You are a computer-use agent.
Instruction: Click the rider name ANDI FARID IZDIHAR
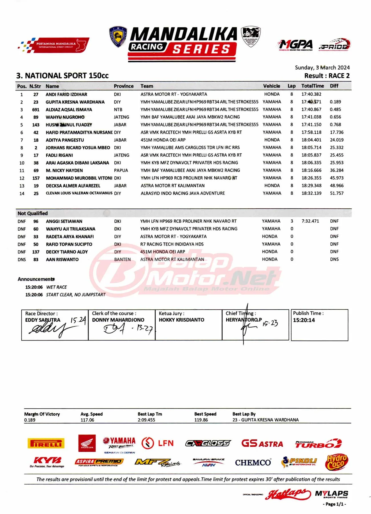(66, 94)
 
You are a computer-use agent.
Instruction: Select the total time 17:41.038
(311, 117)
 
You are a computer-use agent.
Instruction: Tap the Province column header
(124, 86)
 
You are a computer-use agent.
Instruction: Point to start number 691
(36, 110)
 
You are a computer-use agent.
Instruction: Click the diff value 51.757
(337, 193)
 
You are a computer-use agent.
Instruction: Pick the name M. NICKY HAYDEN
(64, 170)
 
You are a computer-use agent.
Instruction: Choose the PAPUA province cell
(121, 170)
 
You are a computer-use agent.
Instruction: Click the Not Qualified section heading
(33, 213)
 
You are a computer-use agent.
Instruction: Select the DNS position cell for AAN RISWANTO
(22, 259)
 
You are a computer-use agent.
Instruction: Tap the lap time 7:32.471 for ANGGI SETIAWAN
(310, 221)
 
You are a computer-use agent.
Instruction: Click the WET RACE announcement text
(57, 287)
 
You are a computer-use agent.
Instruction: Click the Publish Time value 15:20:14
(304, 320)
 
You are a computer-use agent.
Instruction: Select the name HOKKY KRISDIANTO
(182, 320)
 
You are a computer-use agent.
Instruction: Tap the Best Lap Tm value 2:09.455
(146, 420)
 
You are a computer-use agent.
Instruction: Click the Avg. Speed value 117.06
(87, 420)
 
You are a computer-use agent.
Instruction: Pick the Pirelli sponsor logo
(46, 443)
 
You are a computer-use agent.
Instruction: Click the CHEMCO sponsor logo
(253, 462)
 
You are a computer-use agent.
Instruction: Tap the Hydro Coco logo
(336, 462)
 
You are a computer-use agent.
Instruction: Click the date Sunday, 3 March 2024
(322, 68)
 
